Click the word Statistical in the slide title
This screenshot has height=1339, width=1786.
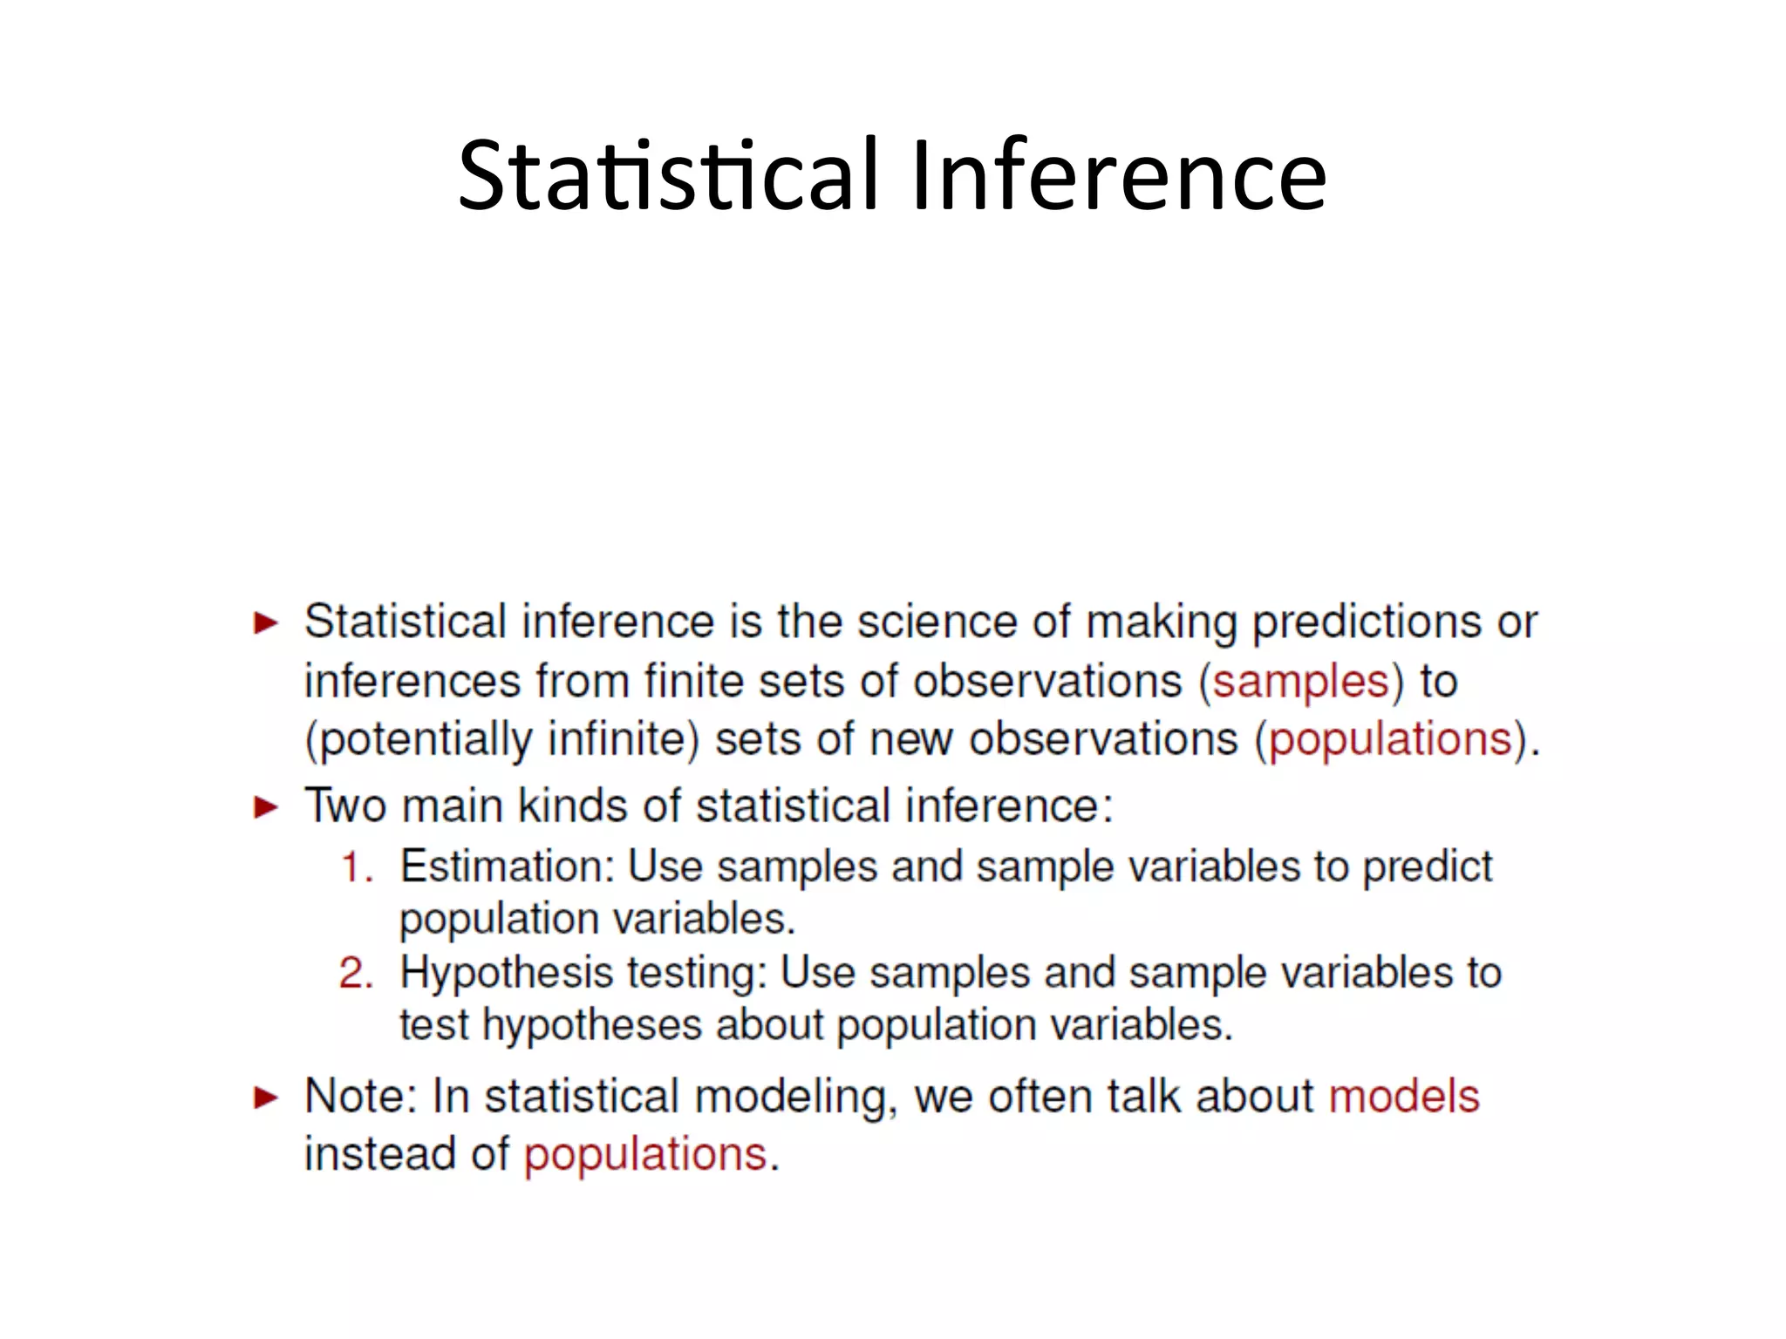[x=668, y=176]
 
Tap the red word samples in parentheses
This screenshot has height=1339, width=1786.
[x=1300, y=681]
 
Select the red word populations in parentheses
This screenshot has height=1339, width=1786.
[x=1390, y=740]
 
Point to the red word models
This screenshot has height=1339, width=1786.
[x=1404, y=1096]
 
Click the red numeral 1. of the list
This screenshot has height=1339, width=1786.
[x=357, y=867]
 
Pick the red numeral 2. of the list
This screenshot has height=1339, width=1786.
[x=357, y=973]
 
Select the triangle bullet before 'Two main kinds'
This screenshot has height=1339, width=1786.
[x=266, y=807]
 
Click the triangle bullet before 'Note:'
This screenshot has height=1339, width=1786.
[x=266, y=1098]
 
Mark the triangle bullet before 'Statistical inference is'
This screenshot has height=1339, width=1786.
[x=266, y=623]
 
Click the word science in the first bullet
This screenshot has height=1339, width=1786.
[x=937, y=622]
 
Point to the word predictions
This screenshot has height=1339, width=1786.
[x=1367, y=622]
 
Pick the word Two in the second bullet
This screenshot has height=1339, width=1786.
[x=345, y=805]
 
